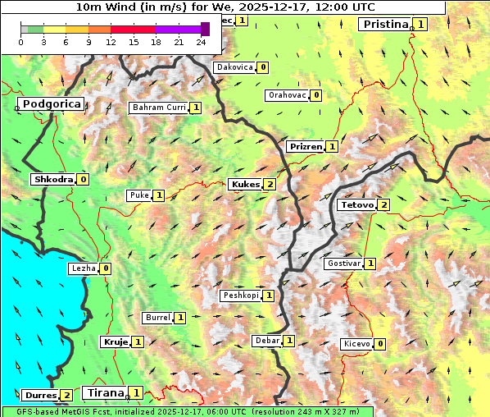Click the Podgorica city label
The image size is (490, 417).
(51, 104)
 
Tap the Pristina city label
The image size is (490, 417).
(385, 25)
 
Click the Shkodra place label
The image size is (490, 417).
(53, 179)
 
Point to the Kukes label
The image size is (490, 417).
(245, 185)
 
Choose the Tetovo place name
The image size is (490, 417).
(356, 204)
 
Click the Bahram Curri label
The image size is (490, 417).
(159, 108)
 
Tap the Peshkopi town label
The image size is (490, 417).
(241, 296)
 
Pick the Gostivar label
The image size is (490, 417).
(343, 263)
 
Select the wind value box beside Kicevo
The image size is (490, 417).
(380, 344)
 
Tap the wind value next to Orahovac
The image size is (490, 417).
(316, 95)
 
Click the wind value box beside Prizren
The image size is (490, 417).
(332, 147)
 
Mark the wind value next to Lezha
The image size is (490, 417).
(106, 268)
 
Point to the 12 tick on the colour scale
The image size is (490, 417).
(111, 42)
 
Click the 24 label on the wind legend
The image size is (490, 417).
(201, 42)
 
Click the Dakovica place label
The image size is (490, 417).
(234, 67)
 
